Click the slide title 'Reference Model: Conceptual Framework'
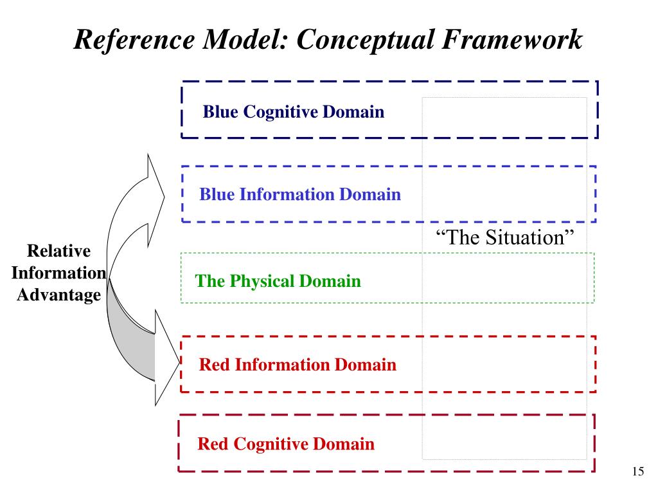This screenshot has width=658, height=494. (x=328, y=40)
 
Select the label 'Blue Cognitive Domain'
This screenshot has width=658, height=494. (x=294, y=113)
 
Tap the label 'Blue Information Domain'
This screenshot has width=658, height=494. (x=300, y=194)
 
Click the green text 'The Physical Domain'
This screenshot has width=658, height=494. (x=278, y=281)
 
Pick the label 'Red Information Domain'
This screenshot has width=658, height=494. (x=298, y=365)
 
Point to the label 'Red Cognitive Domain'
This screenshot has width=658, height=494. (x=286, y=444)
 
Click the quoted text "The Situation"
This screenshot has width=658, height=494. (x=504, y=237)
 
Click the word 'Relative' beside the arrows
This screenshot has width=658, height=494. (x=58, y=251)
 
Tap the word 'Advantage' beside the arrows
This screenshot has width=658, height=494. (x=58, y=295)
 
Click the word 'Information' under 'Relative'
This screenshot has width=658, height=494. (x=58, y=273)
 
